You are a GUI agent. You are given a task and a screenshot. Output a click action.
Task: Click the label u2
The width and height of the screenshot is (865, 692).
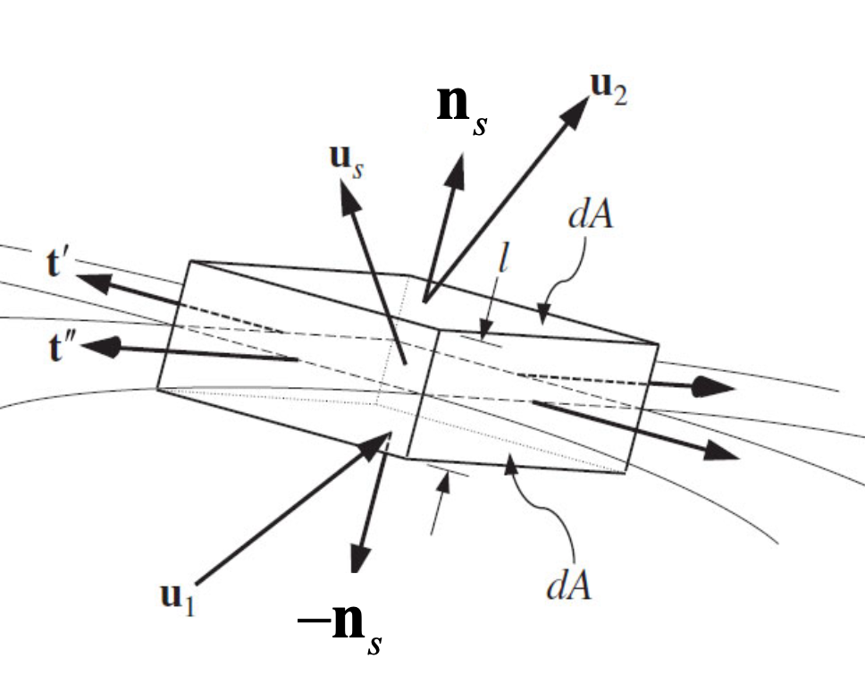tap(608, 89)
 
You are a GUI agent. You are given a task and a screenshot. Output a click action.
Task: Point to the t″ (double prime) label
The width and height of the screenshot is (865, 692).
tap(62, 348)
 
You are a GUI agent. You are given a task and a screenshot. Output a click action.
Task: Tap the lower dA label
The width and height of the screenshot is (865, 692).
tap(568, 586)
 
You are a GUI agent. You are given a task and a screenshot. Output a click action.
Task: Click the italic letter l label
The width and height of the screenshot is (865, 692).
tap(502, 257)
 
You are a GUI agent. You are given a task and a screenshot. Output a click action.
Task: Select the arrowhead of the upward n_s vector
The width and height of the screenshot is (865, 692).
tap(456, 172)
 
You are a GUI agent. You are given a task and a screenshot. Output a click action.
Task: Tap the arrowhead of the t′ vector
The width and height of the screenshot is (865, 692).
tap(93, 282)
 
